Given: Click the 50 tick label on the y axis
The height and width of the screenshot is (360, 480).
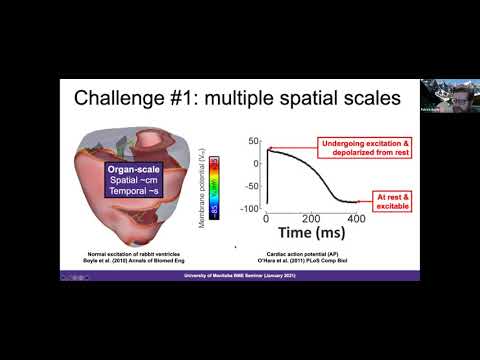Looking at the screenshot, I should [x=254, y=143].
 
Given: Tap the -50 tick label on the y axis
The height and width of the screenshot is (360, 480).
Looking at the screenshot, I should [x=252, y=188].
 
